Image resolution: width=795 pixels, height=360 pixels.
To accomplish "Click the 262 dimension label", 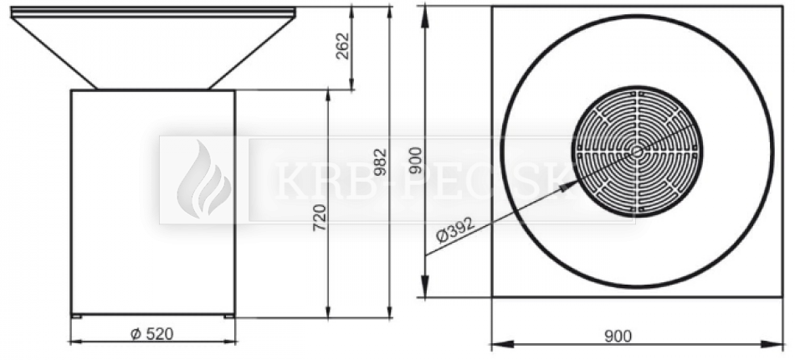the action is (x=343, y=46).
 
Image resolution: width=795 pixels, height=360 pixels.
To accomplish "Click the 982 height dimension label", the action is (x=380, y=162).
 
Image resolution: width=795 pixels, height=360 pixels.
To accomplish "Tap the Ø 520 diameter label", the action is (x=152, y=334).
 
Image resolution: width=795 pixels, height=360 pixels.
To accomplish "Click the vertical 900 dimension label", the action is (x=415, y=160).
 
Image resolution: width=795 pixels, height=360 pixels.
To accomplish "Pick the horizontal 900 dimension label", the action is (x=618, y=336).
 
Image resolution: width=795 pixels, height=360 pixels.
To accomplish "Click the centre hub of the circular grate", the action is (x=637, y=151).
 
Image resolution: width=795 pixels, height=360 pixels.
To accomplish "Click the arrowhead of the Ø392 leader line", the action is (x=569, y=185).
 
